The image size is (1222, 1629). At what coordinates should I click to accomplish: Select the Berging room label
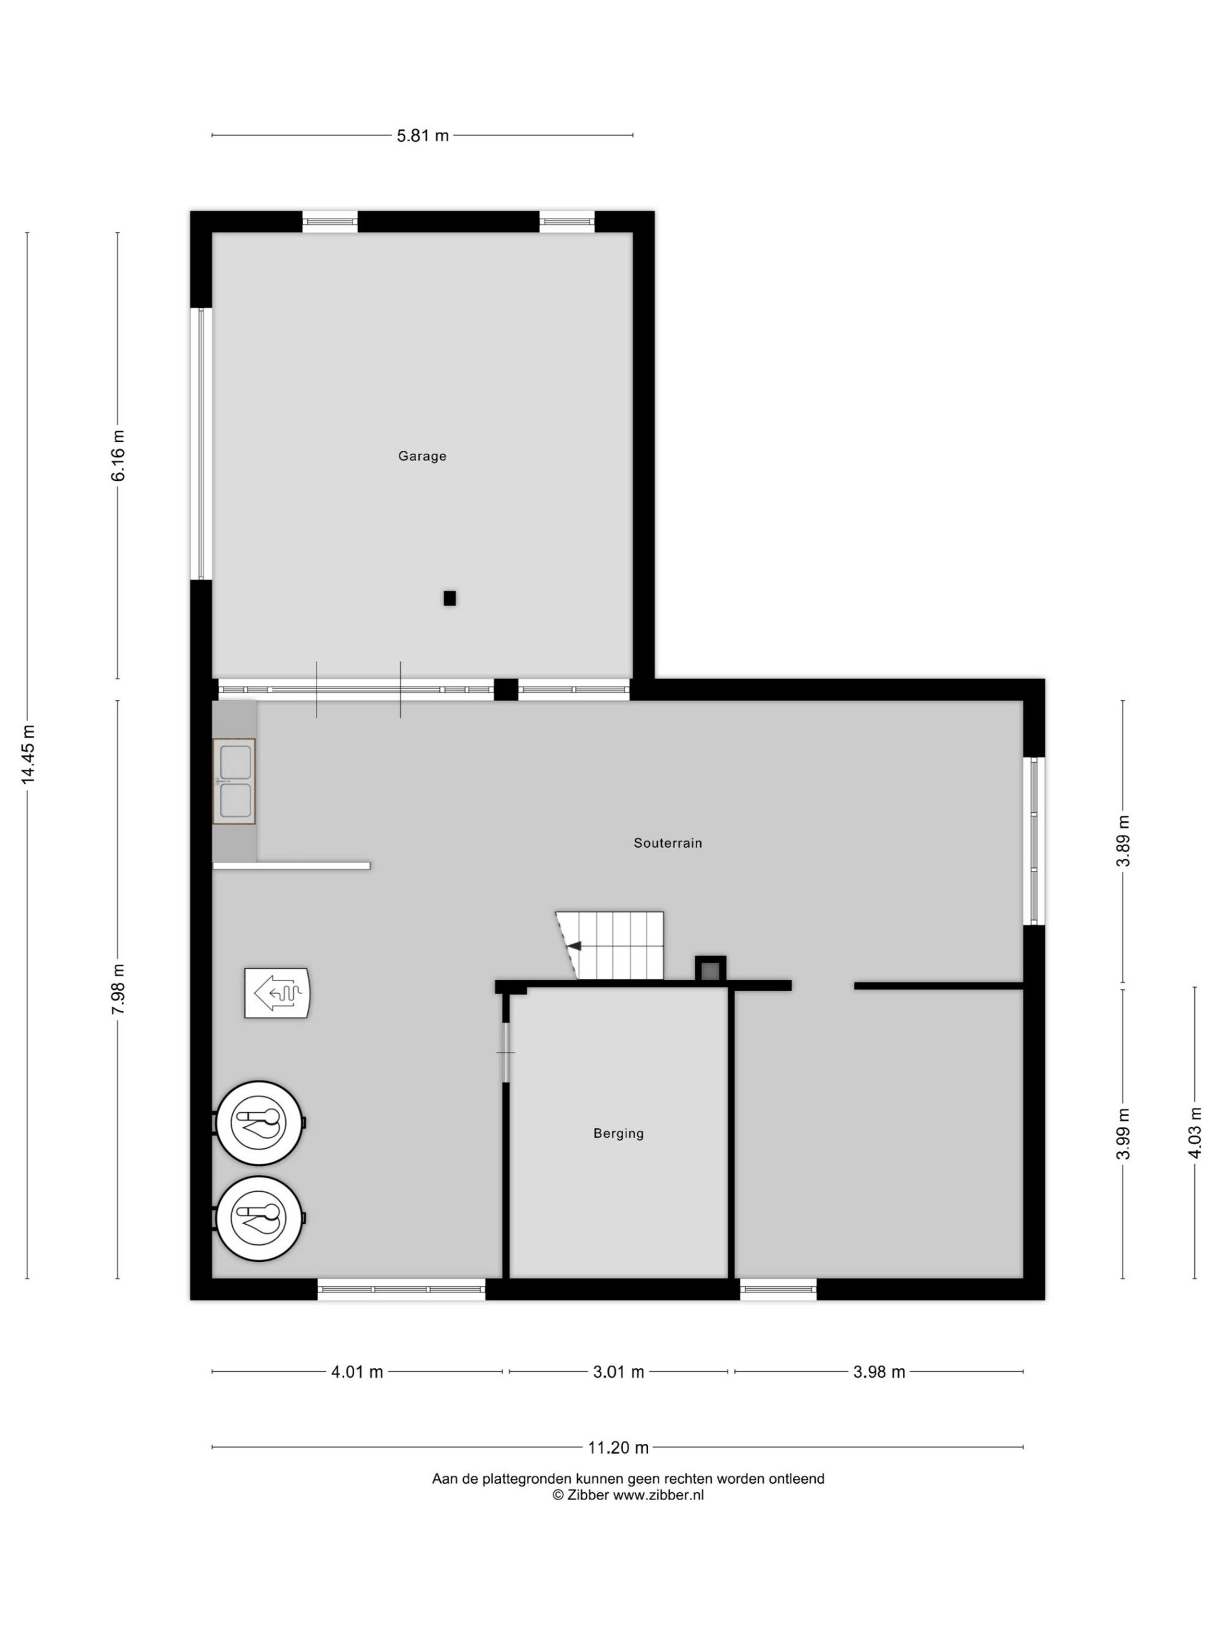(618, 1134)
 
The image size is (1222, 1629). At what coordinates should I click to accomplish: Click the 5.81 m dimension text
(423, 136)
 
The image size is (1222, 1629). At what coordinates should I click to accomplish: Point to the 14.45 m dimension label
(28, 754)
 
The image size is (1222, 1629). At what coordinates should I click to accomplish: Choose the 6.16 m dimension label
(118, 455)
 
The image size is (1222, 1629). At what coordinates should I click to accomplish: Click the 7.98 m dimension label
(118, 989)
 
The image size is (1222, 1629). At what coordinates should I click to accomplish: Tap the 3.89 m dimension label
(1123, 841)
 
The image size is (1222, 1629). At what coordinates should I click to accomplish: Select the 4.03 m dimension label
(1195, 1132)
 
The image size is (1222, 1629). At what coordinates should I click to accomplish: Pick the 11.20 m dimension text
(618, 1448)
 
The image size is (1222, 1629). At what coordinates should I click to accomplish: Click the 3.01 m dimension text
(618, 1372)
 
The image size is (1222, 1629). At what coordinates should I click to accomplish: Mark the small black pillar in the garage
(449, 598)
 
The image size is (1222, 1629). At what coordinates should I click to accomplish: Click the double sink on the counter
(234, 781)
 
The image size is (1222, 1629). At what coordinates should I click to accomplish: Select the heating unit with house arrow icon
(277, 993)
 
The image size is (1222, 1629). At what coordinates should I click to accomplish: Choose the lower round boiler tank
(259, 1218)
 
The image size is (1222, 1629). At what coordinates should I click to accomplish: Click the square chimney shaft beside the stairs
(710, 970)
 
